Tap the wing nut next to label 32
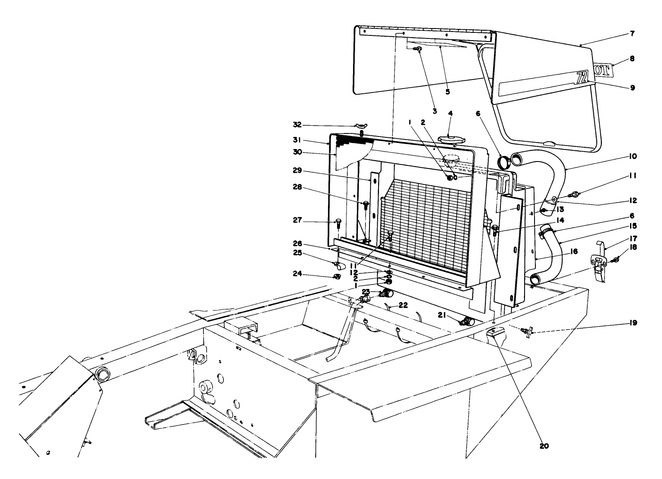point(361,126)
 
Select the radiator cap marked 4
point(451,140)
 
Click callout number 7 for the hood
point(632,34)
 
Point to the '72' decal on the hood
point(582,78)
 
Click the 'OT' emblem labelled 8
point(604,70)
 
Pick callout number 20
point(544,446)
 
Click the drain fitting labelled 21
point(467,322)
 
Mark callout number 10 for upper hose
point(632,156)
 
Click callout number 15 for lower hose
point(632,225)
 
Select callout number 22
point(403,305)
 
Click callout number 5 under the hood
point(447,92)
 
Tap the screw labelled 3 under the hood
point(418,50)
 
